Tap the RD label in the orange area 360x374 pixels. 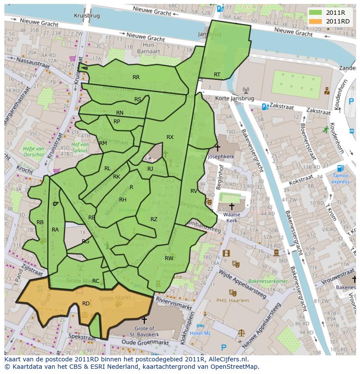tap(86, 303)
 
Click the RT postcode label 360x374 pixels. tap(217, 75)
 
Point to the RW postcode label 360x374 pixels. tap(169, 258)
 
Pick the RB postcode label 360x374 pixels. tap(40, 222)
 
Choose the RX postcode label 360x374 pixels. tap(170, 137)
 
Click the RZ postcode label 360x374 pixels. tap(154, 219)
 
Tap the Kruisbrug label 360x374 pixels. tap(87, 15)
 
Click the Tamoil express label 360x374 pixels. tap(340, 179)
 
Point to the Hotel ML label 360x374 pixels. tap(200, 333)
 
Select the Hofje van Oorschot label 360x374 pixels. tap(33, 151)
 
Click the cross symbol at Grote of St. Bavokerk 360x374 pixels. tap(144, 320)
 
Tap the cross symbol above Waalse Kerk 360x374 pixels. tap(232, 206)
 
